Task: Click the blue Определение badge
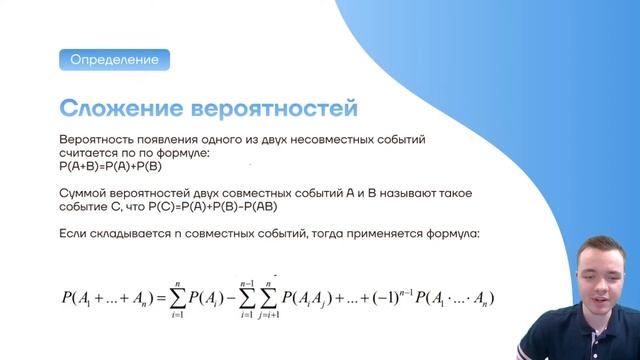coord(113,60)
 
